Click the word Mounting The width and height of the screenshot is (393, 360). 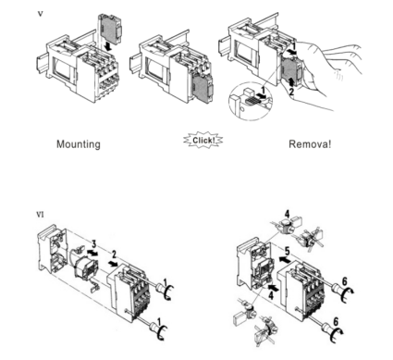click(79, 144)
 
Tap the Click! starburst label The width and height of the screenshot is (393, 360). click(203, 141)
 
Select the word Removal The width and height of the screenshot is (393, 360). click(310, 144)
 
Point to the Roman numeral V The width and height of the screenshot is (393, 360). click(40, 14)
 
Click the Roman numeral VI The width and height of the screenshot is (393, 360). click(40, 215)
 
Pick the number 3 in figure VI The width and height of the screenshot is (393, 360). click(93, 245)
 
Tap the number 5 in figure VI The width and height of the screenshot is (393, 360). click(288, 251)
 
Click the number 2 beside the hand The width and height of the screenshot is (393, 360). click(291, 92)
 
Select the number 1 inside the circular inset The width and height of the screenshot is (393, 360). click(263, 91)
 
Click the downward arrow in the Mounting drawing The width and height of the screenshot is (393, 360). click(108, 47)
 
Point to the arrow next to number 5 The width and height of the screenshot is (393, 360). click(284, 260)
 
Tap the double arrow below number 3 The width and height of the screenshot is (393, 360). click(92, 253)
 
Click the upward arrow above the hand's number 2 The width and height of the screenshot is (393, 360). click(290, 81)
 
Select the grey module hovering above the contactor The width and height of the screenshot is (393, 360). click(109, 28)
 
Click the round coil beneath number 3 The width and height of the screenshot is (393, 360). click(86, 267)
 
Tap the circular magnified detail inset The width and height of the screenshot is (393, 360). click(250, 101)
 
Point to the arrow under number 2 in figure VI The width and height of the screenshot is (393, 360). click(113, 264)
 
